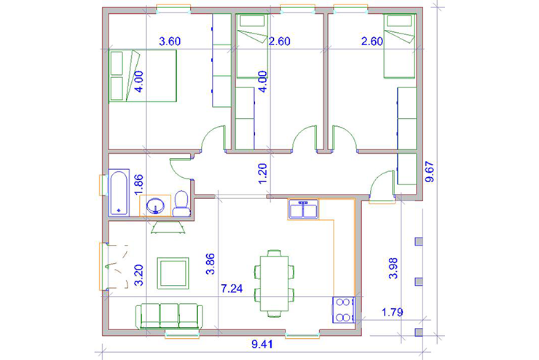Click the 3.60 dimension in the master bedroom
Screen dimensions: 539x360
click(x=170, y=42)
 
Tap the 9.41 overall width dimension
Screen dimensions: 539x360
click(x=262, y=344)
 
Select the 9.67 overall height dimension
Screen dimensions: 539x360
click(x=430, y=171)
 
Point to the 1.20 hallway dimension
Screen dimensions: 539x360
click(x=262, y=173)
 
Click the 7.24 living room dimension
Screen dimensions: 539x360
click(x=232, y=288)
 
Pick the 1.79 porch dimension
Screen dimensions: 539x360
click(x=392, y=312)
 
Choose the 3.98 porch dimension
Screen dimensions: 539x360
click(x=393, y=268)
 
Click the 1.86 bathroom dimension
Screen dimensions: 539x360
click(x=138, y=185)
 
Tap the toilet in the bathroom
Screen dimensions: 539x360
click(x=181, y=204)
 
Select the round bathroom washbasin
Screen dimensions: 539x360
click(x=155, y=206)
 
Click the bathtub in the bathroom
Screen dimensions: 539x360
click(x=119, y=192)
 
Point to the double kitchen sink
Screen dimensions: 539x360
click(x=303, y=209)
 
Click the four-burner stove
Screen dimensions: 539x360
click(x=343, y=310)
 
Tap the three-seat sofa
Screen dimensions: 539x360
click(x=169, y=316)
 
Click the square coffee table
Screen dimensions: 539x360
click(x=173, y=273)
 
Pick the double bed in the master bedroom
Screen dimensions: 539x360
click(x=143, y=76)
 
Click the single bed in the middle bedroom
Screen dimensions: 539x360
click(x=252, y=46)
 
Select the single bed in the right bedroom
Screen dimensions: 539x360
click(x=399, y=46)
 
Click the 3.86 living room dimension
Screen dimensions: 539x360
click(x=210, y=264)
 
